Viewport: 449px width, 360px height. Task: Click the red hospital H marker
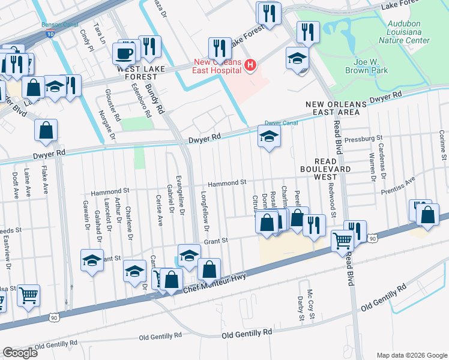[251, 64]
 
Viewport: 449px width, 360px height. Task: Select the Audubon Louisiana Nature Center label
[404, 32]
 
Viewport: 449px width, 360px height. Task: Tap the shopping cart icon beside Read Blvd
[342, 241]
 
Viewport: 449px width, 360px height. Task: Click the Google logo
[20, 353]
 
